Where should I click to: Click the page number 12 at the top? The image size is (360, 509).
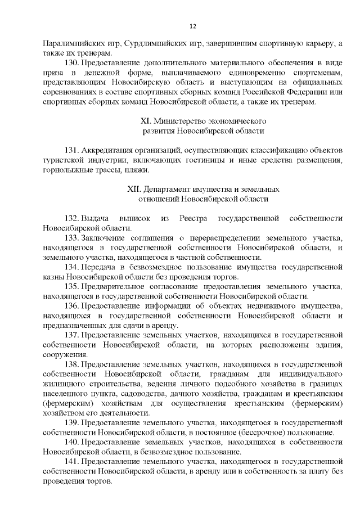tap(192, 26)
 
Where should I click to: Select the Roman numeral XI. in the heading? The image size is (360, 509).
tap(145, 121)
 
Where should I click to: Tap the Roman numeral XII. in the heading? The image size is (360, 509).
tap(136, 189)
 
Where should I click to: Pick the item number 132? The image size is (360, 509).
tap(72, 218)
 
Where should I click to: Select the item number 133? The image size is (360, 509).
tap(72, 238)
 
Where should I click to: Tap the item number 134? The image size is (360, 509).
tap(72, 267)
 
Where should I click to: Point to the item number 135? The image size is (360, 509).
tap(72, 286)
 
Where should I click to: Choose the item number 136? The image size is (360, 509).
tap(72, 306)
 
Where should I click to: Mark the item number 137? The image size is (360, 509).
tap(72, 335)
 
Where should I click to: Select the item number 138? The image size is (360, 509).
tap(72, 364)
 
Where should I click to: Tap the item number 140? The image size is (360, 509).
tap(72, 443)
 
